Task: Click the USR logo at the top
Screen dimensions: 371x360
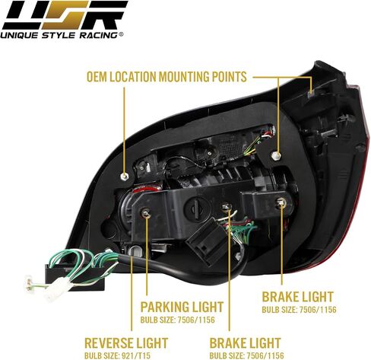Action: [65, 15]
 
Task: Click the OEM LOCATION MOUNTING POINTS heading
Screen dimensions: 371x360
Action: [166, 77]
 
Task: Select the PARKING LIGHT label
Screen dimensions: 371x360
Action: [182, 307]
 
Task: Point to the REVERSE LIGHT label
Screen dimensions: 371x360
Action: [126, 343]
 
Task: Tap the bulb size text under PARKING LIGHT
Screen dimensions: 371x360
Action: [177, 320]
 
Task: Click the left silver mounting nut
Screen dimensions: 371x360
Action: [124, 176]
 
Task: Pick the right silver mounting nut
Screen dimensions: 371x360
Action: [277, 155]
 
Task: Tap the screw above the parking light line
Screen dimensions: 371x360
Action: [146, 213]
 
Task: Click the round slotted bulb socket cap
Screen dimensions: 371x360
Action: [198, 209]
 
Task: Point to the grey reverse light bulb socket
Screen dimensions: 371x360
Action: [134, 250]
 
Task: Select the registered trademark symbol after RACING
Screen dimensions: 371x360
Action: [121, 34]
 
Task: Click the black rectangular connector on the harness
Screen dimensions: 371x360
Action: [75, 277]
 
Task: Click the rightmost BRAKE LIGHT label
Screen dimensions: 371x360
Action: [297, 297]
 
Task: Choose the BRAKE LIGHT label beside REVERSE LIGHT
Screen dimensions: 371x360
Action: [245, 343]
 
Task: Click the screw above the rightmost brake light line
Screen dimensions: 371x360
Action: [281, 202]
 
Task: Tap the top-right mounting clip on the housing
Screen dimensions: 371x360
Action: [311, 94]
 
